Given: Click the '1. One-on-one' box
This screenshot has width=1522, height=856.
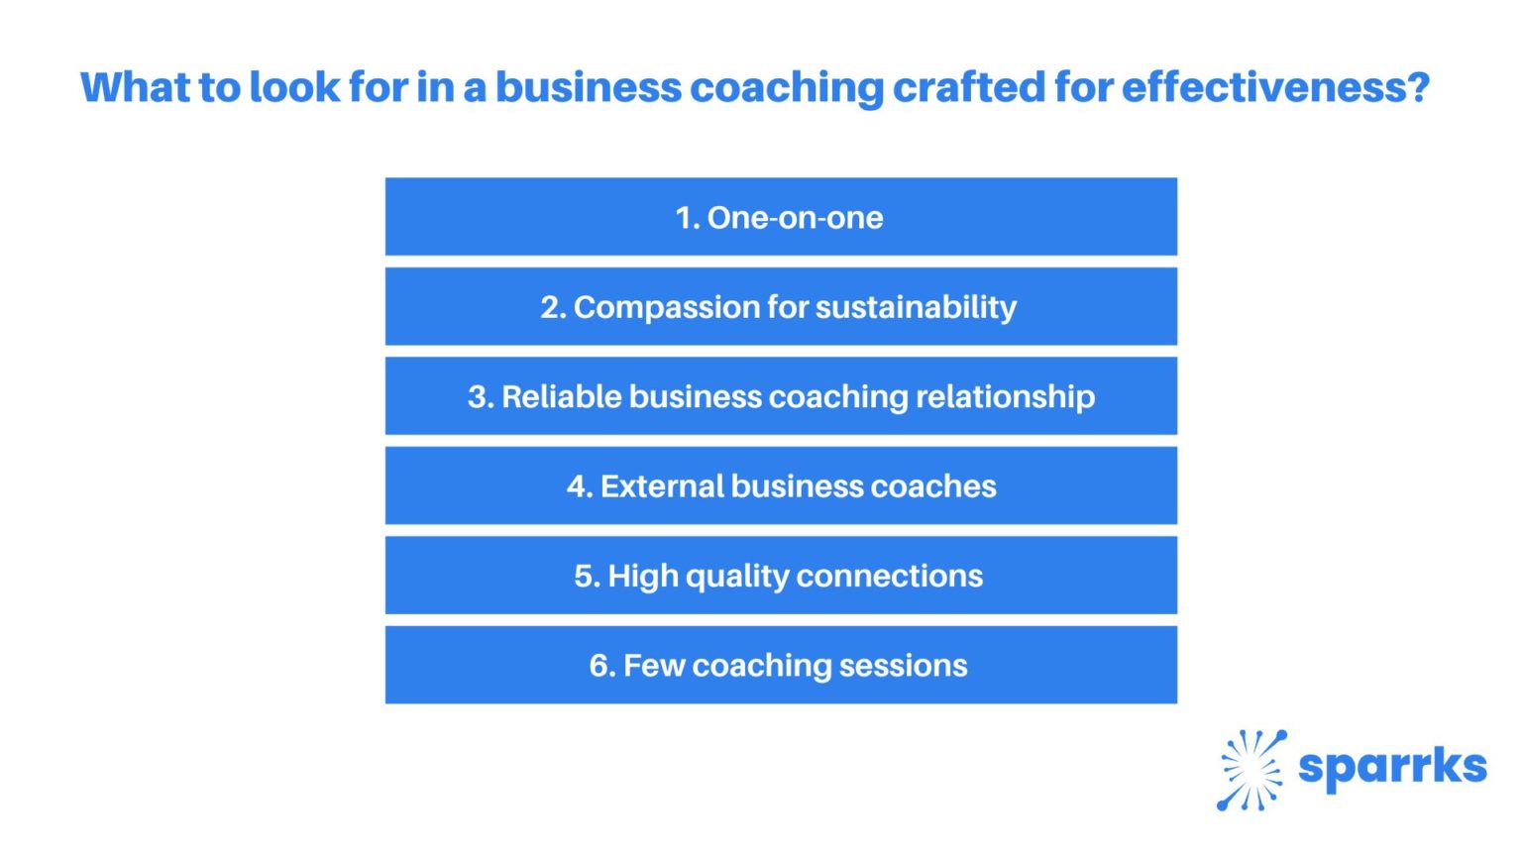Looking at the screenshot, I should [781, 217].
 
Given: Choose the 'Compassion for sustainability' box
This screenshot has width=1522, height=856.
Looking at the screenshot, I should [781, 307].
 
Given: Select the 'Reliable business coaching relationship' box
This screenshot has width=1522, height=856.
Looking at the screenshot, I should [781, 396].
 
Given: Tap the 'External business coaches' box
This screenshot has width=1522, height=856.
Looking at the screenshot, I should [781, 485].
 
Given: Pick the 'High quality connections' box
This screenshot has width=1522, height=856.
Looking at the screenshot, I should [781, 576].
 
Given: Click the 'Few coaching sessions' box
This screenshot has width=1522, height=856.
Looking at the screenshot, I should [781, 665].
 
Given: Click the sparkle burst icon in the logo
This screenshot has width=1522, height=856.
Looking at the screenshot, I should [1250, 770].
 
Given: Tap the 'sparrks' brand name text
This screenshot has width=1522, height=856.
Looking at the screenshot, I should [1392, 767].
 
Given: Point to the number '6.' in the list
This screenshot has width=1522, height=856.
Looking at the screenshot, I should [602, 666].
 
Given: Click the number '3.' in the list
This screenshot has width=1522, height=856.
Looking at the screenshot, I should [481, 397].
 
